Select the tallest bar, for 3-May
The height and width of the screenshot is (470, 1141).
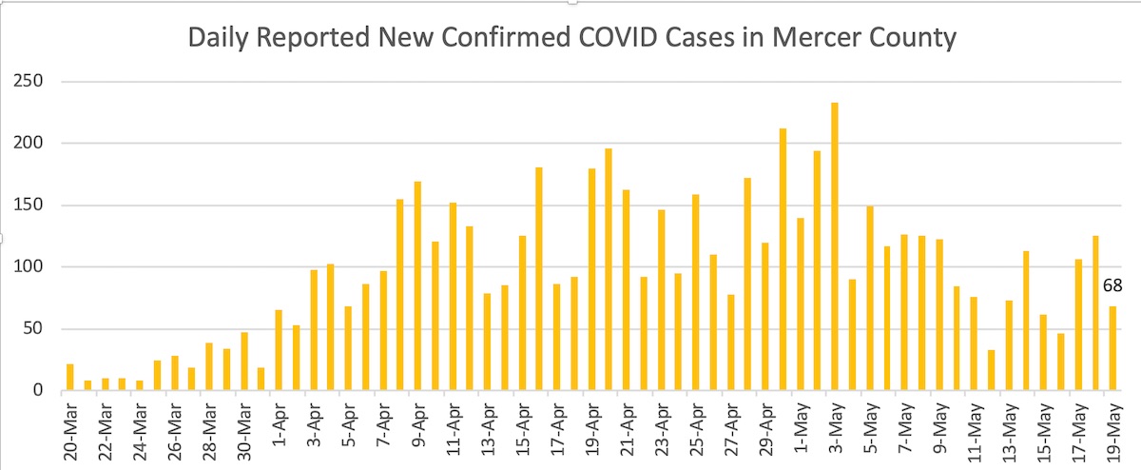click(835, 247)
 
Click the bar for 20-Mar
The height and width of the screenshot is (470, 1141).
click(70, 378)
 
